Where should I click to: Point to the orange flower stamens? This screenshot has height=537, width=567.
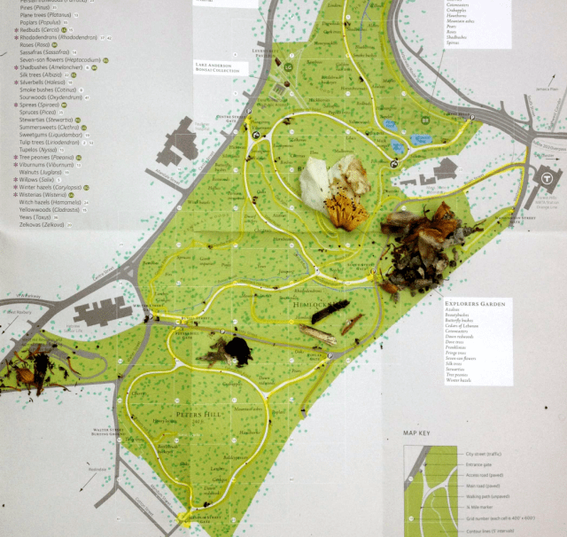coord(346,211)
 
